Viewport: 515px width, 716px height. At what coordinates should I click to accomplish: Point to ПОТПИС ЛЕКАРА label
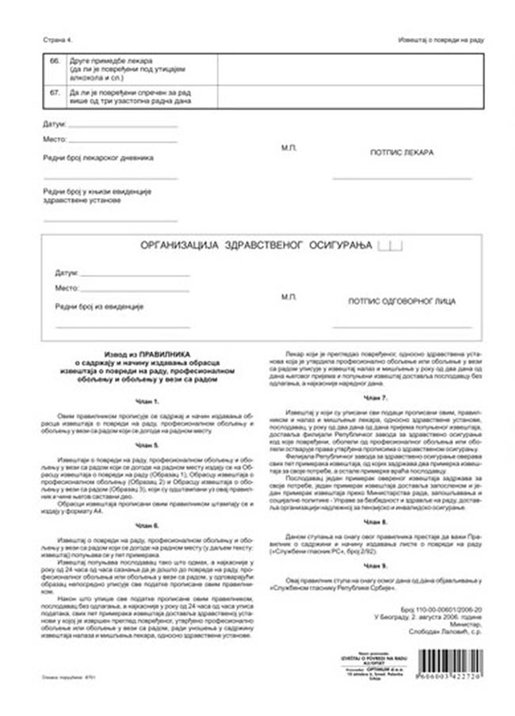click(402, 151)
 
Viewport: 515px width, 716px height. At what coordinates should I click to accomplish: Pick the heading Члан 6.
click(147, 525)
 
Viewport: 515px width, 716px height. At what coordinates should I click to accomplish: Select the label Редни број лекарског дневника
click(98, 158)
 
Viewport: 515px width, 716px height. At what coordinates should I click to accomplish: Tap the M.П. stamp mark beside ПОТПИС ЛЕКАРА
click(288, 147)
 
